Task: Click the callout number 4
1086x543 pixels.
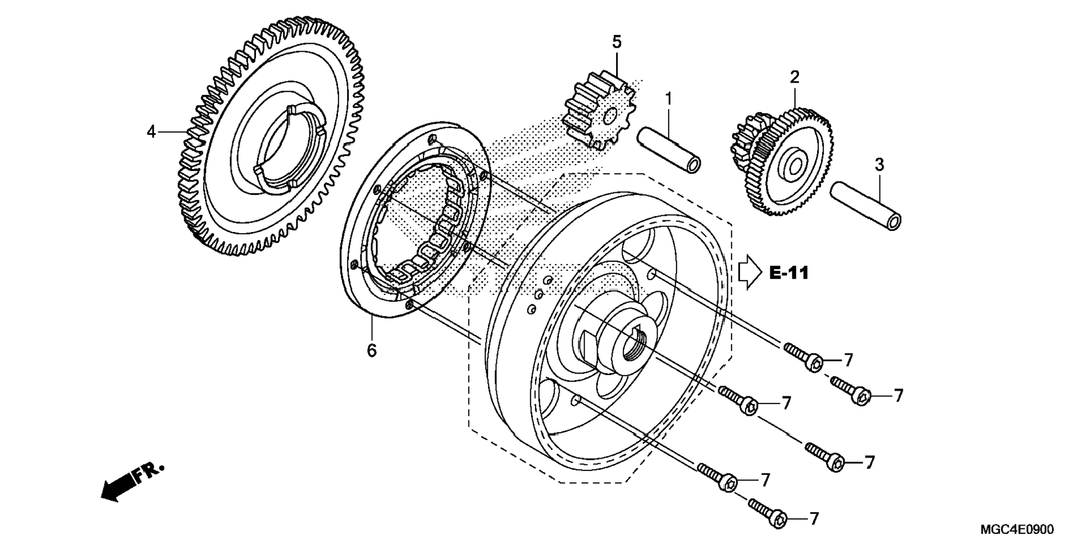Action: click(x=150, y=132)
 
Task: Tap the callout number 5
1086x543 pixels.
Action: click(x=617, y=42)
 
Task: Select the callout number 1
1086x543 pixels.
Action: click(x=668, y=99)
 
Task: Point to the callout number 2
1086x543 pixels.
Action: click(x=795, y=77)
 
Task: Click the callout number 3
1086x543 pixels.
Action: click(x=879, y=165)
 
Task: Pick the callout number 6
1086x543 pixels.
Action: click(x=372, y=350)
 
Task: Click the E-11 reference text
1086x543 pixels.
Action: click(x=789, y=273)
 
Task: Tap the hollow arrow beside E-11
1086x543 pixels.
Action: click(x=750, y=272)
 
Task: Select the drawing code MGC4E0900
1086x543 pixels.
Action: click(x=1017, y=529)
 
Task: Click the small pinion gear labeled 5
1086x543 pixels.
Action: click(x=599, y=110)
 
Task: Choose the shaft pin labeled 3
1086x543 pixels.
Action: click(x=866, y=205)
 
